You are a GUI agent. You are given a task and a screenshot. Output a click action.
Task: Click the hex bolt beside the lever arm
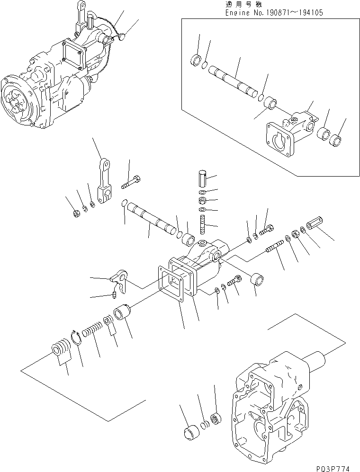(132, 182)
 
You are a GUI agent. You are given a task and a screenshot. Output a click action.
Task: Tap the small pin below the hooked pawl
(115, 296)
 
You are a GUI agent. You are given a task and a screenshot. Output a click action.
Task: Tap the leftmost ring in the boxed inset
(194, 61)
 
